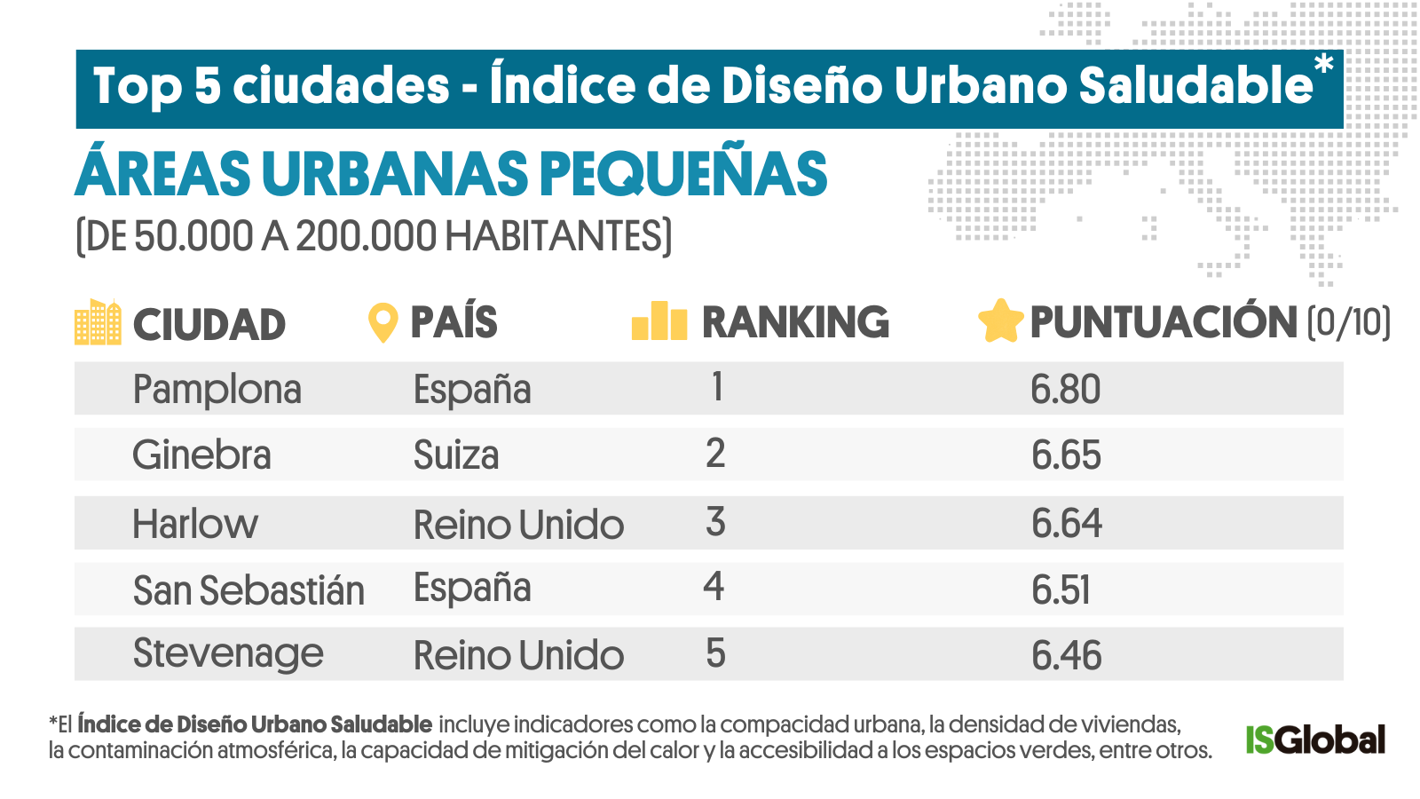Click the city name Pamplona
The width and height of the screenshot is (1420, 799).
pyautogui.click(x=217, y=390)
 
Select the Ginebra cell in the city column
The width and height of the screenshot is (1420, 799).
pyautogui.click(x=201, y=455)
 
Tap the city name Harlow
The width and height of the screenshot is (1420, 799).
pyautogui.click(x=195, y=524)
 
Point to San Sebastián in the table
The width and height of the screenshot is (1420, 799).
pyautogui.click(x=248, y=590)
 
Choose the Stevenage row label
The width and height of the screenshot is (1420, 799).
pyautogui.click(x=228, y=654)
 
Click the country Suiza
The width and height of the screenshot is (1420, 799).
pyautogui.click(x=456, y=455)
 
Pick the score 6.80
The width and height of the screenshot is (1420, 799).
pyautogui.click(x=1065, y=390)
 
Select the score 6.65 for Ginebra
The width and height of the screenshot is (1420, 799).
pyautogui.click(x=1066, y=455)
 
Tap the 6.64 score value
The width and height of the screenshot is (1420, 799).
pyautogui.click(x=1066, y=524)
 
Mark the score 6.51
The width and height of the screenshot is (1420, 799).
pyautogui.click(x=1061, y=590)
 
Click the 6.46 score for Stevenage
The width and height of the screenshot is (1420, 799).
pyautogui.click(x=1066, y=656)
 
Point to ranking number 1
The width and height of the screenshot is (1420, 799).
pyautogui.click(x=716, y=387)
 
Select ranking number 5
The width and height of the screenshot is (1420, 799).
pyautogui.click(x=715, y=654)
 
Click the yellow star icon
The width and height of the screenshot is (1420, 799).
pyautogui.click(x=1000, y=321)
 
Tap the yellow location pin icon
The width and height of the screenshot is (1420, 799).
pyautogui.click(x=383, y=322)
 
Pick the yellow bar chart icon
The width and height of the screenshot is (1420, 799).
pyautogui.click(x=659, y=321)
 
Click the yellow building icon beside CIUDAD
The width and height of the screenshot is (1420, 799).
pyautogui.click(x=98, y=322)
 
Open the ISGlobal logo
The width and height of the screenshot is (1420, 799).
pyautogui.click(x=1314, y=740)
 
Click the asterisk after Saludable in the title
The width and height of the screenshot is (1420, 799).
pyautogui.click(x=1323, y=65)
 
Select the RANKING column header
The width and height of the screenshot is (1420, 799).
pyautogui.click(x=795, y=322)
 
